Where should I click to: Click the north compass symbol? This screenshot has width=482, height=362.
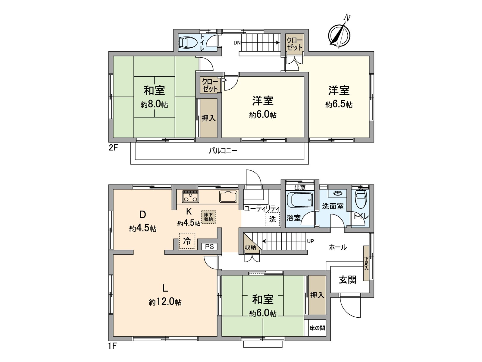pyautogui.click(x=339, y=34)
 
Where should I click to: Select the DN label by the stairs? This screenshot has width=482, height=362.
pyautogui.click(x=237, y=43)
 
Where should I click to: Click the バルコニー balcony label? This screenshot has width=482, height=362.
pyautogui.click(x=223, y=151)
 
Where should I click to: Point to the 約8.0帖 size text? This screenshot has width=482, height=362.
pyautogui.click(x=154, y=105)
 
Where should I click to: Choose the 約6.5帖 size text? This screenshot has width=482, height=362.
pyautogui.click(x=339, y=105)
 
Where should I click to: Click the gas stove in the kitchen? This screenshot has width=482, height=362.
pyautogui.click(x=190, y=196)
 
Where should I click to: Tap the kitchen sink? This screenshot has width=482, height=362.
pyautogui.click(x=228, y=196)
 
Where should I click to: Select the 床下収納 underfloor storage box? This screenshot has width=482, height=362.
pyautogui.click(x=208, y=217)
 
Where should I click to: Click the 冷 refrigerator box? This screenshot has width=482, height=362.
pyautogui.click(x=187, y=241)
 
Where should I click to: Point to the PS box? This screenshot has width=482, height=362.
pyautogui.click(x=209, y=246)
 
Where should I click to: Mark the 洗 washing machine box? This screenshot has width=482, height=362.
pyautogui.click(x=272, y=219)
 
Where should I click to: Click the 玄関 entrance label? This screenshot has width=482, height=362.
pyautogui.click(x=348, y=280)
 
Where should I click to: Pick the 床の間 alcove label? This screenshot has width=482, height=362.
pyautogui.click(x=317, y=328)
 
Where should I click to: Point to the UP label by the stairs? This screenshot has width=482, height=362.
pyautogui.click(x=311, y=241)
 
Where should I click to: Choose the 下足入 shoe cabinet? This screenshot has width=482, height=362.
pyautogui.click(x=366, y=263)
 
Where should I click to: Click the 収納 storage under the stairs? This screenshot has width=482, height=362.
pyautogui.click(x=250, y=247)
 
